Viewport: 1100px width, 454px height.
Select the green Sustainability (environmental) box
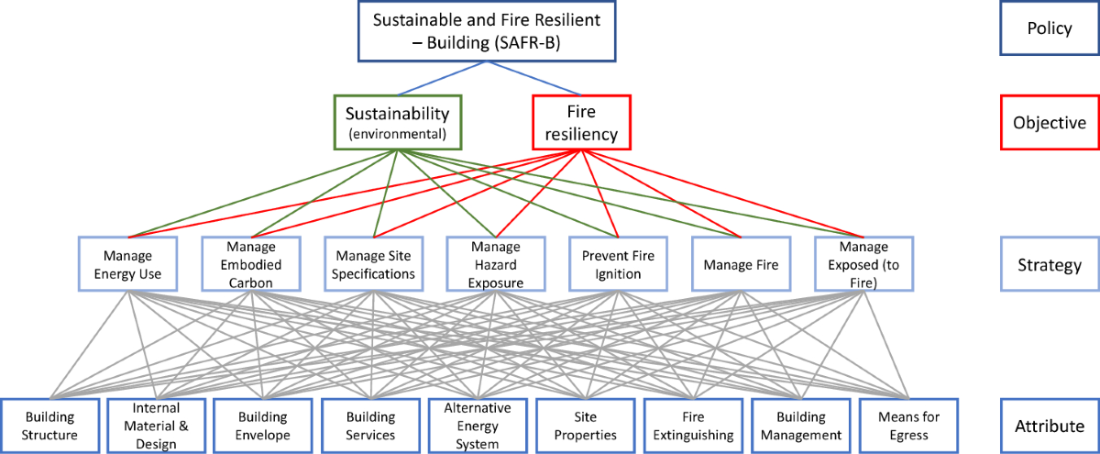396,122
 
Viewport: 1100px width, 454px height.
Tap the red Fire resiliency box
581,122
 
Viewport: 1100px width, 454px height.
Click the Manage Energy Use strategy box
127,264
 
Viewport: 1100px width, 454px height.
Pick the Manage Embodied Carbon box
250,264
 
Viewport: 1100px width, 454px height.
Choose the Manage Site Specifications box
374,264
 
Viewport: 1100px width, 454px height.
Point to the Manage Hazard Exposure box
496,264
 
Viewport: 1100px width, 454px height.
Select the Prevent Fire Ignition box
618,264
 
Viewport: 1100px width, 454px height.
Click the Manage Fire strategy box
741,264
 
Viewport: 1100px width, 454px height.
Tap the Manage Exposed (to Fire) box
863,264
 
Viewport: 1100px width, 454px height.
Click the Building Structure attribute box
50,425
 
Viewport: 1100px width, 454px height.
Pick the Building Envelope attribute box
264,425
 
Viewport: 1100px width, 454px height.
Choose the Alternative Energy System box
478,425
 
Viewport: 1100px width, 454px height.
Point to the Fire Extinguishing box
693,425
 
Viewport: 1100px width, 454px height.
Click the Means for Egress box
907,425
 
